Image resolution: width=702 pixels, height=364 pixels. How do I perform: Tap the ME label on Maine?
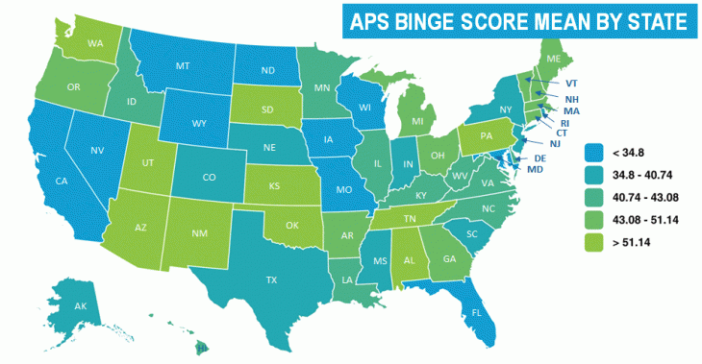pyautogui.click(x=552, y=59)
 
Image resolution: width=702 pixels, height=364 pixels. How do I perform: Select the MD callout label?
pyautogui.click(x=536, y=169)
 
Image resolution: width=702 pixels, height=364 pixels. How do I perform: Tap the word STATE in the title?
pyautogui.click(x=650, y=19)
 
